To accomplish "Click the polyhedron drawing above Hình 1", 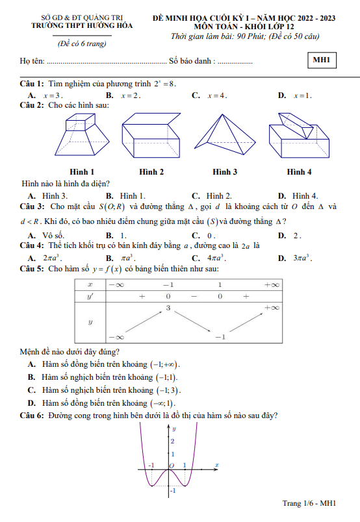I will pos(83,138).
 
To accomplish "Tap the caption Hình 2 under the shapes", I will pos(151,172).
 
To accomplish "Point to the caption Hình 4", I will pos(299,172).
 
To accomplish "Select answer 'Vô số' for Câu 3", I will pos(53,235).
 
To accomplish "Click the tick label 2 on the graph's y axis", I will pos(172,441).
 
